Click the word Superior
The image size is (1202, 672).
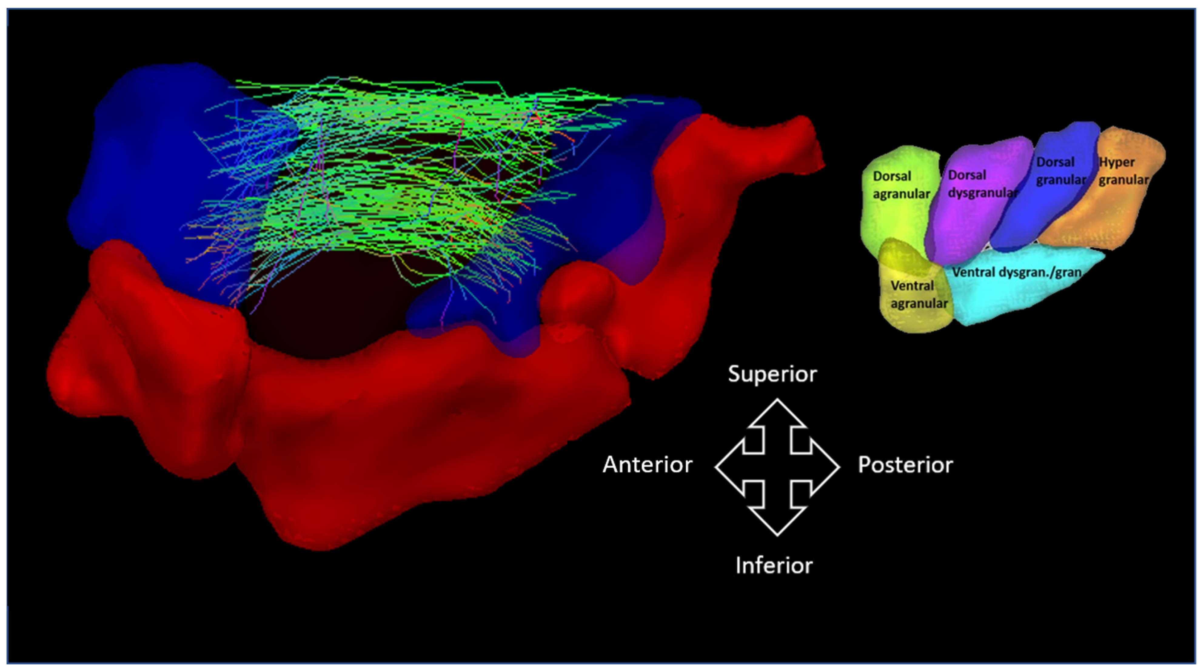tap(772, 374)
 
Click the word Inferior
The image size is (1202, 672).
tap(774, 566)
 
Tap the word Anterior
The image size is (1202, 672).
tap(647, 465)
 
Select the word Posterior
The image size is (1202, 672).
tap(905, 465)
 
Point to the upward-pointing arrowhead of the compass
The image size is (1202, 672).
tap(777, 413)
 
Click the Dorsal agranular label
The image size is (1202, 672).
tap(901, 185)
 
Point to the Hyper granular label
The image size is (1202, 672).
tap(1123, 171)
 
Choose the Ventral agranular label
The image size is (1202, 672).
tap(918, 294)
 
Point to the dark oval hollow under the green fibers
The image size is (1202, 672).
tap(326, 317)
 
